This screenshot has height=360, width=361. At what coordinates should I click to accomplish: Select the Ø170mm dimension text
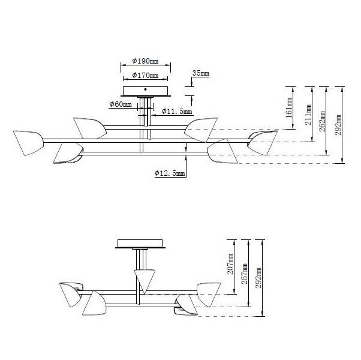[145, 76]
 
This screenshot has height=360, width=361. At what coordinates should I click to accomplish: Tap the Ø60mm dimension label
[120, 104]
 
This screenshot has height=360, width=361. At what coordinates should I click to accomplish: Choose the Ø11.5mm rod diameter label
[177, 112]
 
